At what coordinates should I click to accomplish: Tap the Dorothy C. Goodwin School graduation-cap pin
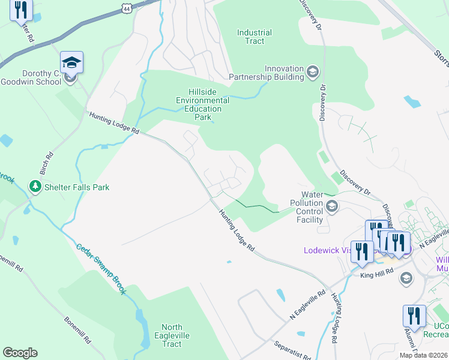(x=71, y=63)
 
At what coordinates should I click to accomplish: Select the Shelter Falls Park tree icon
(x=35, y=187)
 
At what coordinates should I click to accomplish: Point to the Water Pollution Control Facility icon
(x=331, y=207)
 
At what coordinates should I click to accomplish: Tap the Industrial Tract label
(x=255, y=37)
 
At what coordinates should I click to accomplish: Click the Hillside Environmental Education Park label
(x=202, y=101)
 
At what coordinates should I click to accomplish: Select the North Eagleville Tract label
(x=172, y=335)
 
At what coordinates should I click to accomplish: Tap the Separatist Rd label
(x=291, y=350)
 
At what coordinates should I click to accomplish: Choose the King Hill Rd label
(x=376, y=274)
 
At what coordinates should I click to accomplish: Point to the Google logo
(x=20, y=353)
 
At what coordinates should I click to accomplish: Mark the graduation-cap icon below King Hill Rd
(x=406, y=277)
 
